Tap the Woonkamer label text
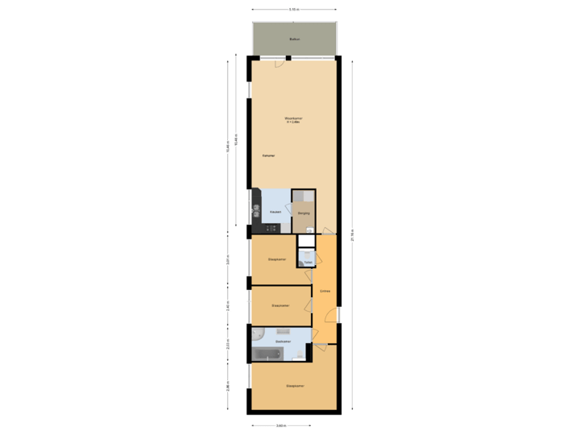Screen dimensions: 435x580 pyautogui.click(x=292, y=119)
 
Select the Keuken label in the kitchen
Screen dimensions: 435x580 pyautogui.click(x=275, y=212)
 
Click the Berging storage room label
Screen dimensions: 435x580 pyautogui.click(x=303, y=212)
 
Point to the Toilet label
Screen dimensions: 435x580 pyautogui.click(x=307, y=262)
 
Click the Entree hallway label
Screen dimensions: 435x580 pyautogui.click(x=325, y=291)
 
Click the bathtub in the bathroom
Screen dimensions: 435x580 pyautogui.click(x=269, y=352)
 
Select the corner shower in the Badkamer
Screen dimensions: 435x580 pyautogui.click(x=257, y=333)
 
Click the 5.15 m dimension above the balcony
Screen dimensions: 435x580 pyautogui.click(x=294, y=10)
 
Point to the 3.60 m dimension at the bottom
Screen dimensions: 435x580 pyautogui.click(x=279, y=425)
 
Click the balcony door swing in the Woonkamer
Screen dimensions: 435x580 pyautogui.click(x=280, y=61)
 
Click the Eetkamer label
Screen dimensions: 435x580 pyautogui.click(x=268, y=155)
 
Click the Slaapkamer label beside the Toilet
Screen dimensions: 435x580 pyautogui.click(x=276, y=259)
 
